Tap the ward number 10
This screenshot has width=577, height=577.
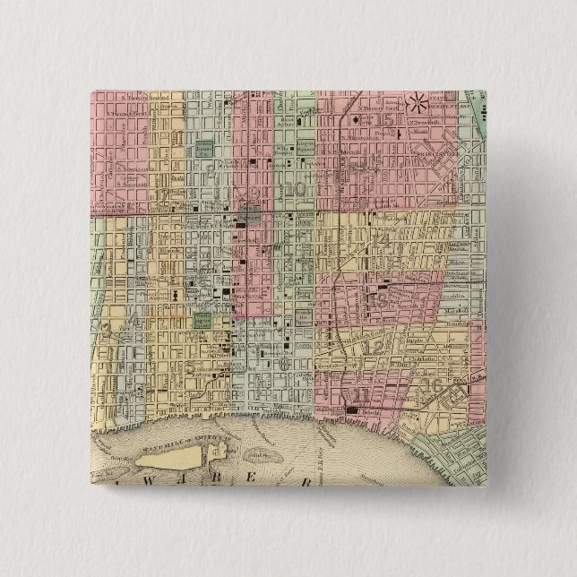[x=297, y=189]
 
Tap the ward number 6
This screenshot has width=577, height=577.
[x=285, y=363]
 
